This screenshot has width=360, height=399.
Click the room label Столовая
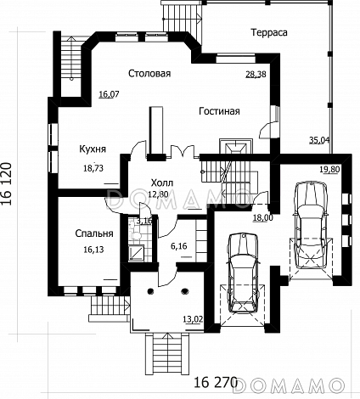pos(149,73)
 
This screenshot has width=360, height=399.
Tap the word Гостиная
pos(219,111)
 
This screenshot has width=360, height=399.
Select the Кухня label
pos(93,149)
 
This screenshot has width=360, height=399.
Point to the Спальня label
pos(94,233)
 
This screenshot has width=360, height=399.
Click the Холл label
pos(162,183)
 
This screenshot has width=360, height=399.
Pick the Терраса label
pos(269,32)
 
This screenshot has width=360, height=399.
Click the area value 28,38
pos(256,74)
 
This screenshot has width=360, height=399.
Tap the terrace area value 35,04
pos(318,139)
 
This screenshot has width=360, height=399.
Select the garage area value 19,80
pos(329,169)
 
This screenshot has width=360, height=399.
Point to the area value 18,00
pos(263,217)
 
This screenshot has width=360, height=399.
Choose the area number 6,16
pos(179,246)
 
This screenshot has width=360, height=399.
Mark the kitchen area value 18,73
pos(93,168)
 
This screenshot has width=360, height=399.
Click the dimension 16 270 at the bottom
pos(215,383)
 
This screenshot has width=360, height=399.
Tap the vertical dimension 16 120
pos(8,183)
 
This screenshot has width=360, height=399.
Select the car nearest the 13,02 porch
pos(244,273)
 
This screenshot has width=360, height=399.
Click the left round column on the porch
pos(150,290)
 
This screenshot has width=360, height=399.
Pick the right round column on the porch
pos(185,290)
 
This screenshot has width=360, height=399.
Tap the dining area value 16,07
pos(109,94)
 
